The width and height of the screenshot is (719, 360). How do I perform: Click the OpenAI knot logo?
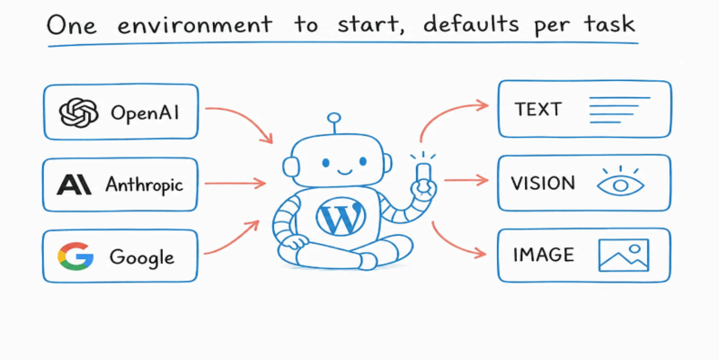[x=78, y=112]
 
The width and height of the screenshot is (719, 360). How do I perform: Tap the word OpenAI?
[x=145, y=113]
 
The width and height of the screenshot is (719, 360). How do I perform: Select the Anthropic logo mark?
[x=74, y=185]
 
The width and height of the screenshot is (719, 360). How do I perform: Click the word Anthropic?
[x=144, y=184]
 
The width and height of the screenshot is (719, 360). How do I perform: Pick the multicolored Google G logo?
[x=75, y=256]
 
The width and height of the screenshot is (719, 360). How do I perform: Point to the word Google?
[x=142, y=257]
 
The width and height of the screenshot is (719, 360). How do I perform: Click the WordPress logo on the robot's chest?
[x=342, y=215]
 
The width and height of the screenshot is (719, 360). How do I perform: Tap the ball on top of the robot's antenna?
[x=334, y=118]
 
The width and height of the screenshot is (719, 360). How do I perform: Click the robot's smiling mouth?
[x=344, y=171]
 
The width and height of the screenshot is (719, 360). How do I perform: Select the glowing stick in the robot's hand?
[x=422, y=173]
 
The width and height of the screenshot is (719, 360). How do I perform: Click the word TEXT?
[x=537, y=110]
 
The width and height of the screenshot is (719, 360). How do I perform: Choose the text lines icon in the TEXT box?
[x=619, y=110]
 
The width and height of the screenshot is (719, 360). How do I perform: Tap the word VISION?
[x=543, y=184]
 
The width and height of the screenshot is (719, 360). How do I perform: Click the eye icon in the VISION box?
[x=620, y=182]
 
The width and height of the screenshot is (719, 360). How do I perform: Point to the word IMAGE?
[x=544, y=255]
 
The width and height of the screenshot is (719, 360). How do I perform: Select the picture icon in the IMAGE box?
[x=624, y=255]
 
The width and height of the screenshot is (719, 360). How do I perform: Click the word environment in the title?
[x=195, y=25]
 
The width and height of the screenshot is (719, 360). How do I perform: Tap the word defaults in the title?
[x=471, y=23]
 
